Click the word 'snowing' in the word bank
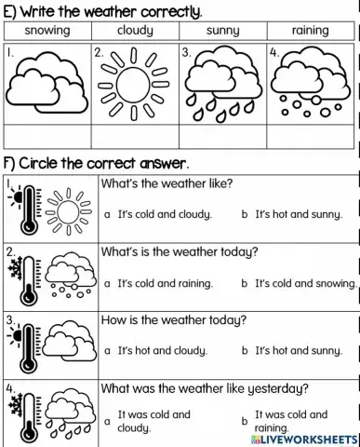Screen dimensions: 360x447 point(47,31)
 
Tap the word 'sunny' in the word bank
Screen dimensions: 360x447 point(222,31)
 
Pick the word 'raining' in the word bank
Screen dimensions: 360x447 point(310,31)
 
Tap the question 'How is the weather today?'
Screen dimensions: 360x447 point(173,320)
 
